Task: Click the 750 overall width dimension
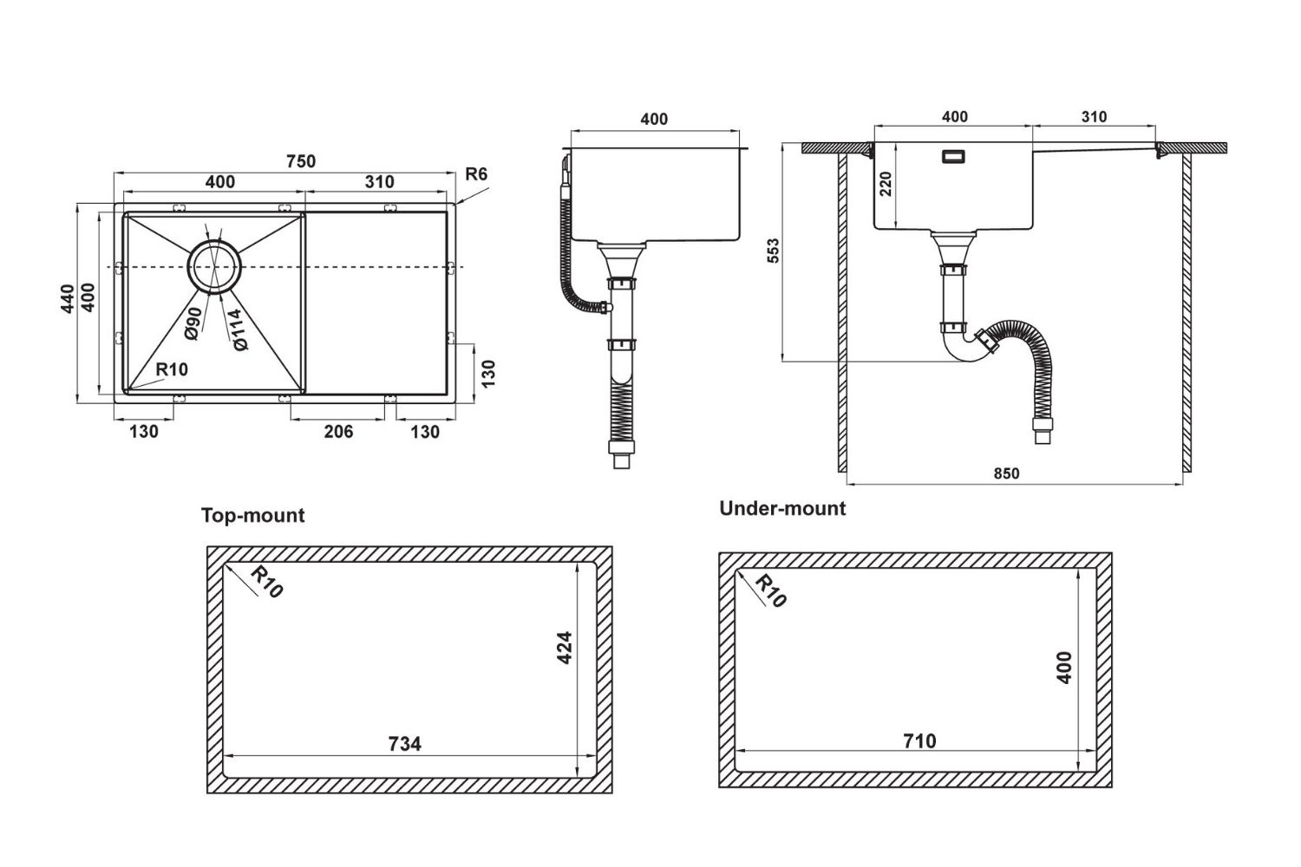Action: pyautogui.click(x=300, y=161)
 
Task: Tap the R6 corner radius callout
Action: pyautogui.click(x=476, y=174)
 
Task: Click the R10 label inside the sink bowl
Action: pyautogui.click(x=172, y=369)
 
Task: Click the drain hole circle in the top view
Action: pyautogui.click(x=213, y=265)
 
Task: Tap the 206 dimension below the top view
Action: pyautogui.click(x=338, y=431)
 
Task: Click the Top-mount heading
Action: pyautogui.click(x=252, y=515)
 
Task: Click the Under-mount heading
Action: pyautogui.click(x=781, y=508)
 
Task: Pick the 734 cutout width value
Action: pyautogui.click(x=404, y=743)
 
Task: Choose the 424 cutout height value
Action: pyautogui.click(x=564, y=648)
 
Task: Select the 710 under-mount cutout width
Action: pyautogui.click(x=919, y=740)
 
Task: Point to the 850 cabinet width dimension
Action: pyautogui.click(x=1006, y=473)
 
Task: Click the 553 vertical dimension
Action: pyautogui.click(x=774, y=251)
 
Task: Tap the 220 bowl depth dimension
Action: pyautogui.click(x=886, y=184)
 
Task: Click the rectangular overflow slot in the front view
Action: pyautogui.click(x=955, y=157)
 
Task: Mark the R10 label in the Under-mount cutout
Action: pyautogui.click(x=768, y=590)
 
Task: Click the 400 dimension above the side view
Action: pyautogui.click(x=654, y=119)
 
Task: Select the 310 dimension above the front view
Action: pyautogui.click(x=1094, y=116)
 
